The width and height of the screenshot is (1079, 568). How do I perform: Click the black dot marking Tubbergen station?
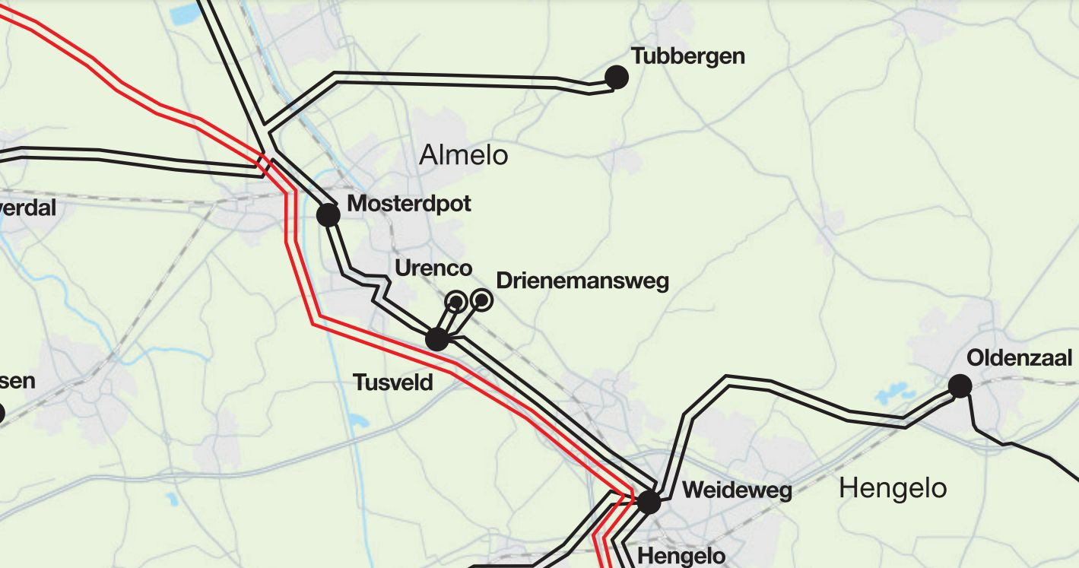[x=616, y=77]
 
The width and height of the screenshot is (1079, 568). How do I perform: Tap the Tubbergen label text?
[x=687, y=56]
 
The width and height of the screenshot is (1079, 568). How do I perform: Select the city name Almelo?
[x=463, y=156]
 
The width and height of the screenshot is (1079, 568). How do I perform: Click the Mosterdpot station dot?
[x=328, y=214]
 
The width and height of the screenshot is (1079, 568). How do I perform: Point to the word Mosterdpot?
[x=409, y=204]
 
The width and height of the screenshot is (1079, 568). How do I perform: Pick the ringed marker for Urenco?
[x=456, y=302]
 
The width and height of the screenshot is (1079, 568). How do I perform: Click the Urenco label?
[x=433, y=268]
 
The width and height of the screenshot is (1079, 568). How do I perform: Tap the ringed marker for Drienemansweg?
[x=481, y=300]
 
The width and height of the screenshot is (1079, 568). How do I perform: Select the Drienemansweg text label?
[x=582, y=281]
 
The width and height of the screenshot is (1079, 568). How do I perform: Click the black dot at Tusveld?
[x=436, y=339]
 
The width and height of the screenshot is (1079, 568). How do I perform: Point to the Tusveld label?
[x=392, y=382]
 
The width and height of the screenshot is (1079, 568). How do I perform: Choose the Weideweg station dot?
[x=649, y=502]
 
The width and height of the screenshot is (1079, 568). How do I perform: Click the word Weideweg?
[x=737, y=490]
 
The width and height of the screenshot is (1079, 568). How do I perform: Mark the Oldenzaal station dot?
[x=960, y=386]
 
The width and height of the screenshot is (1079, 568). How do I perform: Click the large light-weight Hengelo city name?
[x=893, y=488]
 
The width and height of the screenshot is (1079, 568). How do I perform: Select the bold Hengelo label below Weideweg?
[x=681, y=556]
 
